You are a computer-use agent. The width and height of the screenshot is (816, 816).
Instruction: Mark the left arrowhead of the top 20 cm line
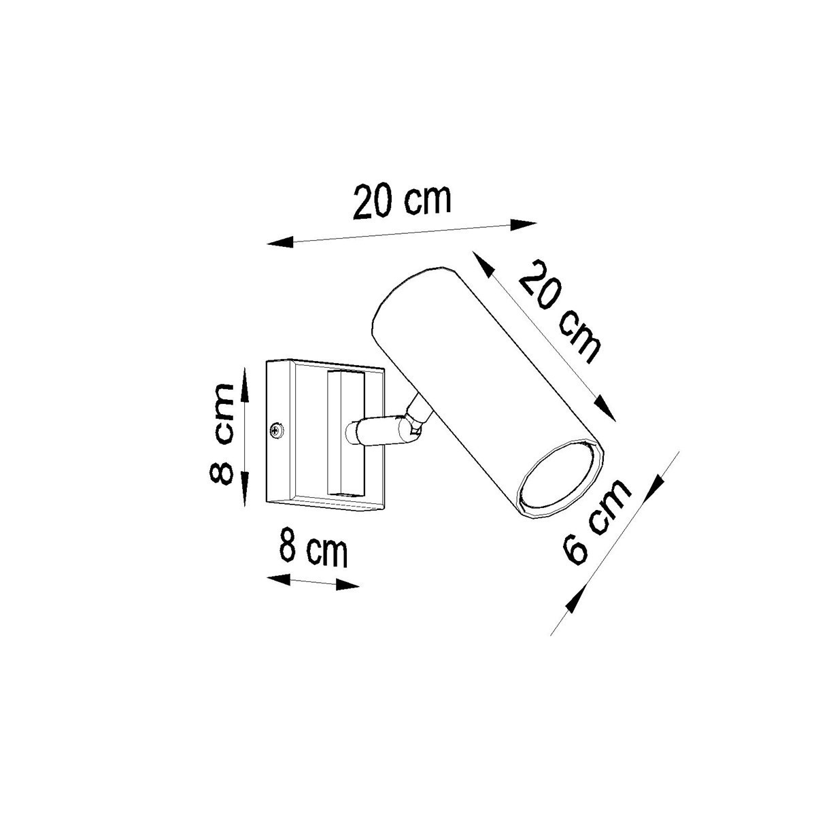tap(279, 242)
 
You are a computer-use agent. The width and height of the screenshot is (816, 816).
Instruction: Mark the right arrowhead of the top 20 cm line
tap(524, 223)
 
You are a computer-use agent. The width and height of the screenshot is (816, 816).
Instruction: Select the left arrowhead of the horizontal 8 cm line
tap(279, 579)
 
